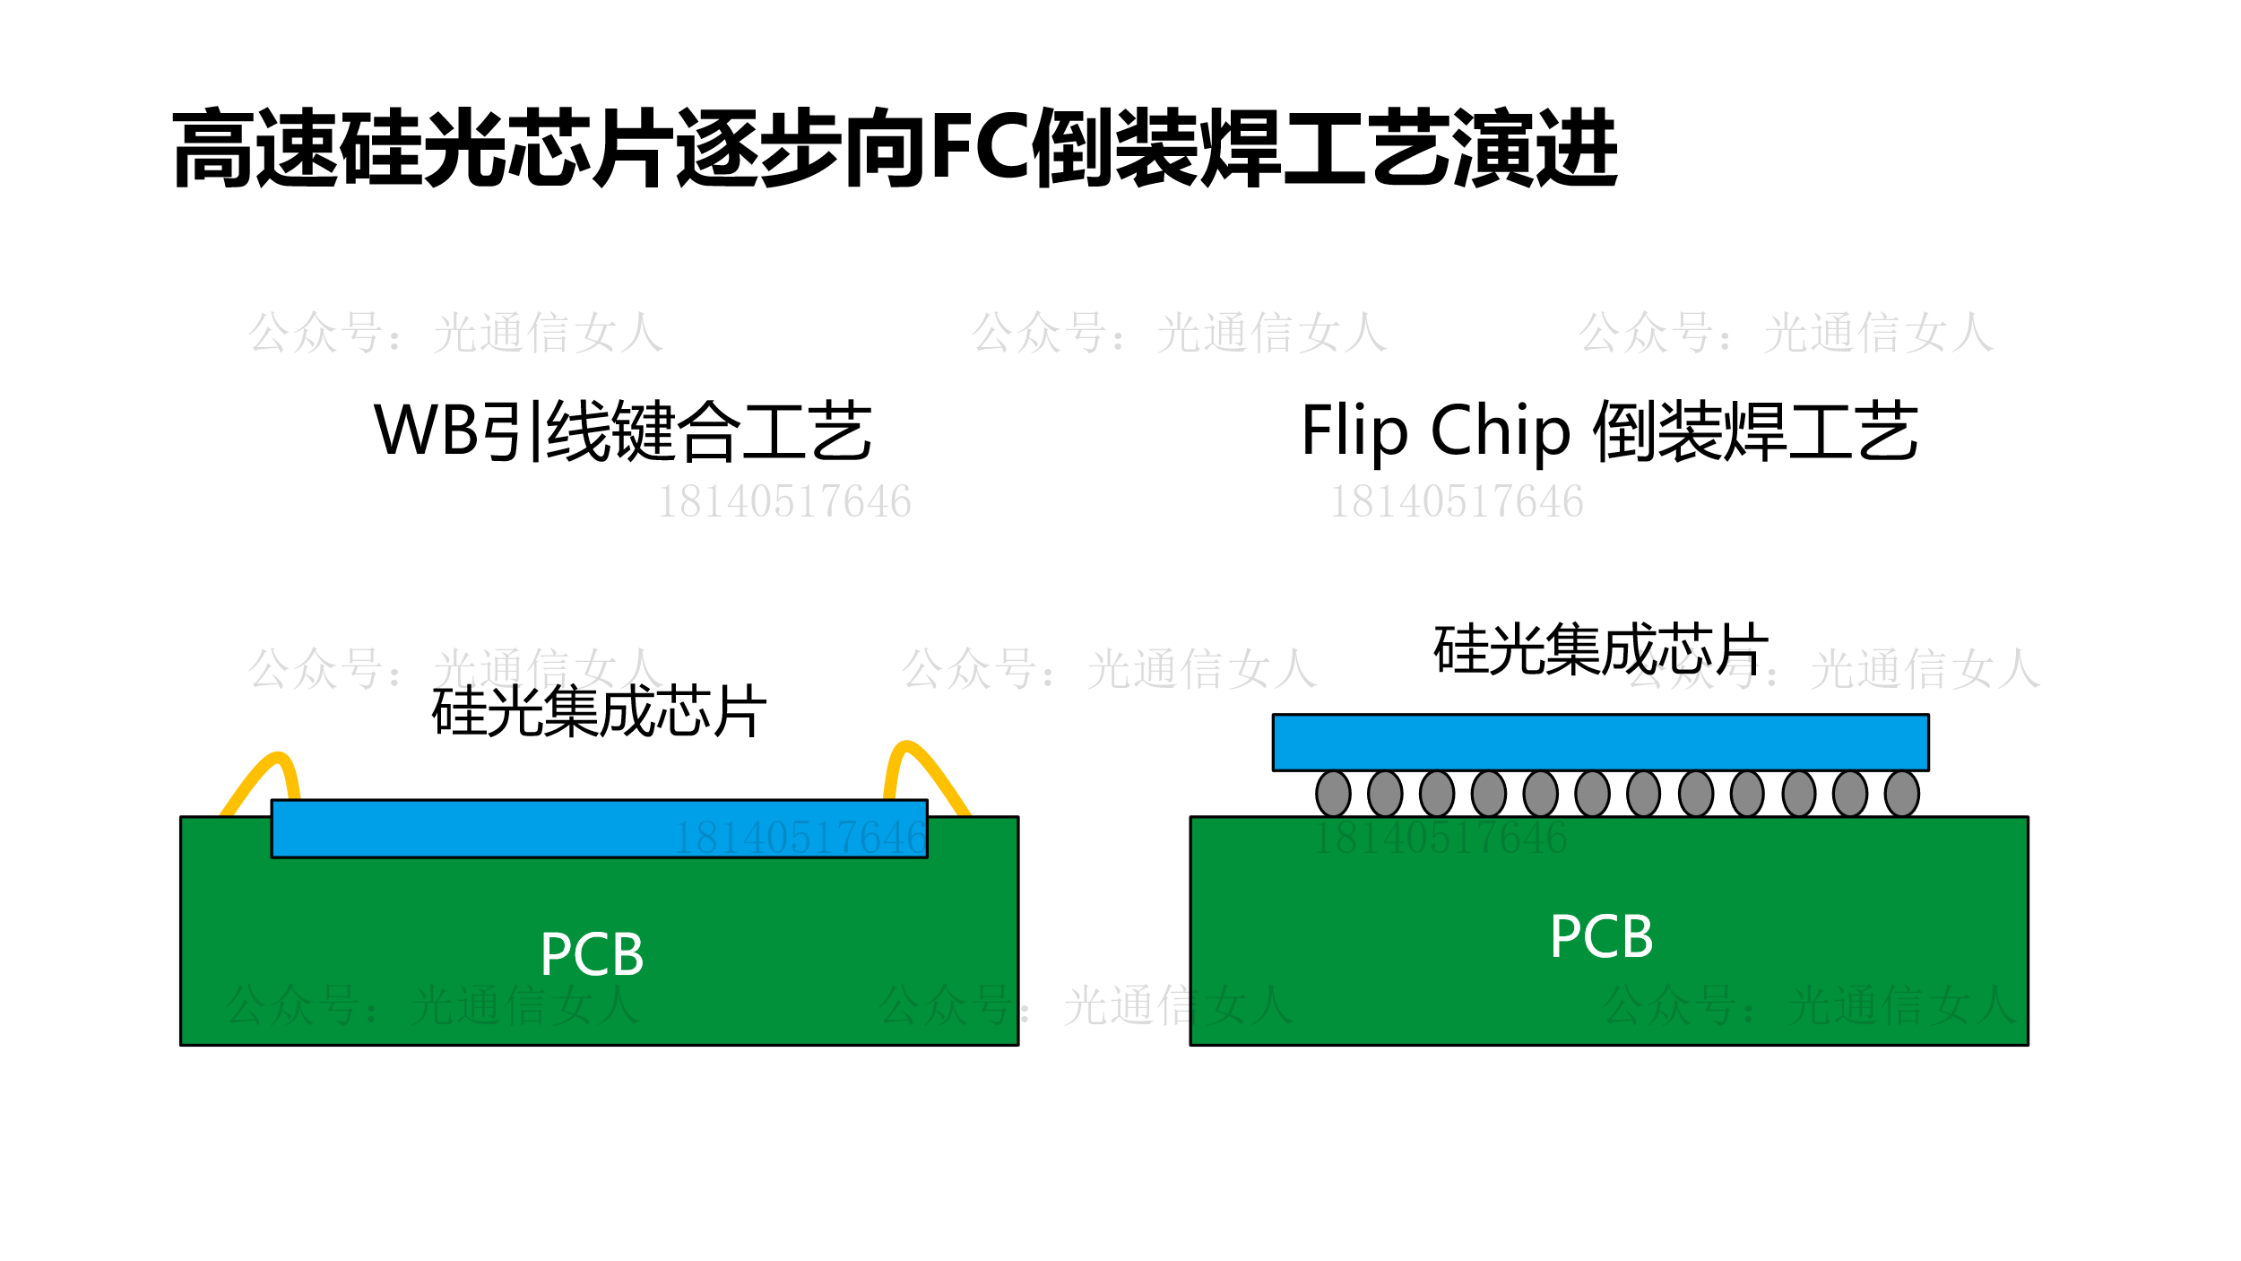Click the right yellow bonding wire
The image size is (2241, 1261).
[x=928, y=770]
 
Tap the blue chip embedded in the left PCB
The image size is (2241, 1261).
[x=599, y=829]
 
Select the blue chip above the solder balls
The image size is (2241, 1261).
[x=1600, y=742]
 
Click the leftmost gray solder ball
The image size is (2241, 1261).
[x=1333, y=794]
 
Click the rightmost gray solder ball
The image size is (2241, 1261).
[x=1901, y=794]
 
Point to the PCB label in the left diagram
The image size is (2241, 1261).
[x=592, y=954]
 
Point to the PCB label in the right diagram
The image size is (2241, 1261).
[x=1601, y=937]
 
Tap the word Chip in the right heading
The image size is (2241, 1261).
[x=1501, y=431]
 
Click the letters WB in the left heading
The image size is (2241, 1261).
[x=427, y=430]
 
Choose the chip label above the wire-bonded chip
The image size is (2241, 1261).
[x=599, y=712]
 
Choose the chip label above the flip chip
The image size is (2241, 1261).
[x=1601, y=649]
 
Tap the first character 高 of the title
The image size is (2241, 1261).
[x=213, y=148]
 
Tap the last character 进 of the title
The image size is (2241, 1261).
[x=1578, y=148]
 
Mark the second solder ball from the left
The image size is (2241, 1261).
[x=1385, y=794]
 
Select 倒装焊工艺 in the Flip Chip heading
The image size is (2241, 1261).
[x=1755, y=431]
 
